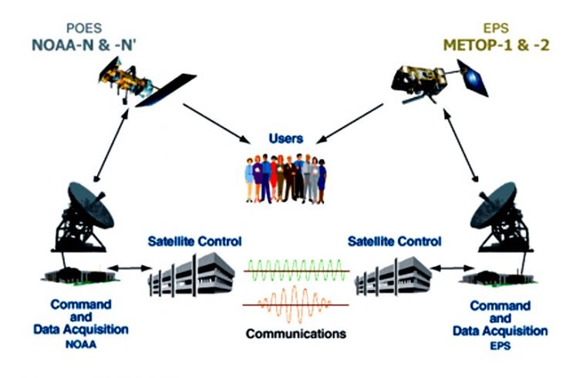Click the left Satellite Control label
point(190,241)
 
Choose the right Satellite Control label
point(395,241)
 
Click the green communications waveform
point(291,272)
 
